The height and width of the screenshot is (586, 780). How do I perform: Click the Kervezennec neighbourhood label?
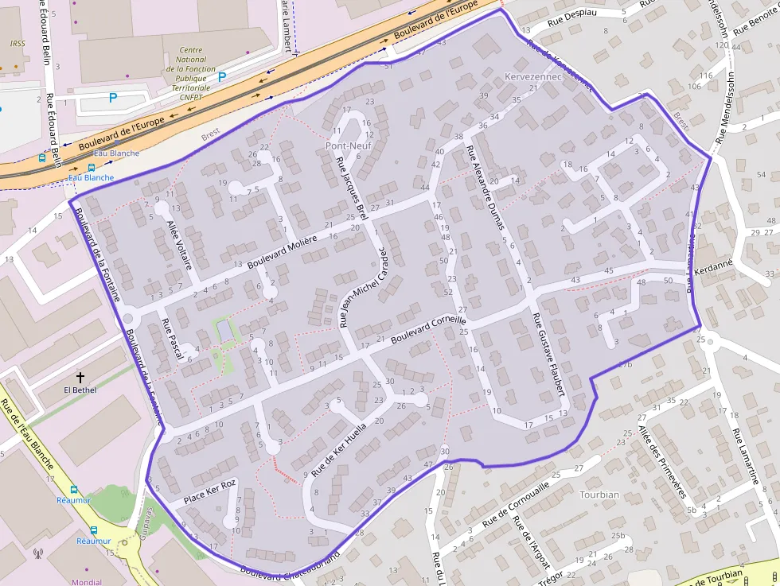click(533, 77)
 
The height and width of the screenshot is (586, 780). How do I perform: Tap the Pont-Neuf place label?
click(349, 147)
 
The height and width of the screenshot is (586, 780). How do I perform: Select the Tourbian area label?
click(599, 495)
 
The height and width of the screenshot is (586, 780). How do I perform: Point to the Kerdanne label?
click(714, 268)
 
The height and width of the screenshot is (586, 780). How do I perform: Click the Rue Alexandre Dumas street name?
click(486, 188)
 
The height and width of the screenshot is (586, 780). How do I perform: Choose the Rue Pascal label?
click(174, 340)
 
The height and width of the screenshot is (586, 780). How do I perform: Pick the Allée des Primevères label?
click(661, 461)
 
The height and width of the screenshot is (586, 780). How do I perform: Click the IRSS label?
click(18, 45)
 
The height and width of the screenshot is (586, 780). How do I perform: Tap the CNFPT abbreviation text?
click(191, 97)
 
